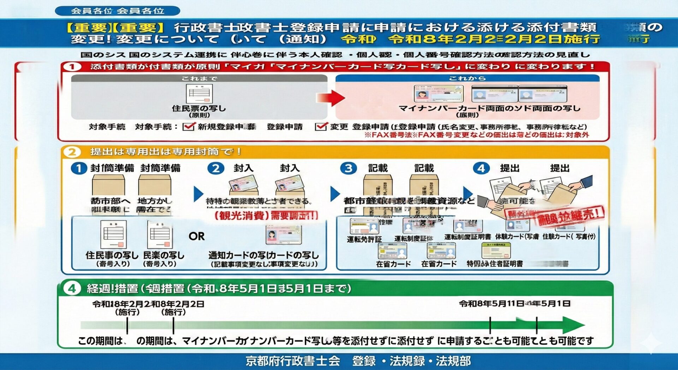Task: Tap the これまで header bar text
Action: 199,78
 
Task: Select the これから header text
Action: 467,78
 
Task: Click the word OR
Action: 197,236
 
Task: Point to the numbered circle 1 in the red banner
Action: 72,67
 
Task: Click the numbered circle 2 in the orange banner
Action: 72,152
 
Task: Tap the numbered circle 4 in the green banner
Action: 72,288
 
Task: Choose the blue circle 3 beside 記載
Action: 348,168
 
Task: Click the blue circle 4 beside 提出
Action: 481,168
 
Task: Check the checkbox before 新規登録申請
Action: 189,127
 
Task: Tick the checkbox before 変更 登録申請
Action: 321,127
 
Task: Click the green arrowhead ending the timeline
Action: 573,325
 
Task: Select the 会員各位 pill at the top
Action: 118,11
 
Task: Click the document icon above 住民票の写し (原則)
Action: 199,94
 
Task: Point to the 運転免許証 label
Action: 364,239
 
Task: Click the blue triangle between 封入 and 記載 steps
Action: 335,194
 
